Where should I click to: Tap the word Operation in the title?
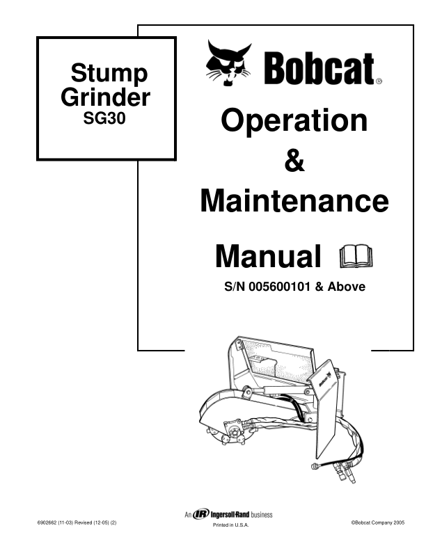click(294, 120)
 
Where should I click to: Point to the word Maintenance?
click(294, 202)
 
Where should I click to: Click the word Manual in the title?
click(268, 256)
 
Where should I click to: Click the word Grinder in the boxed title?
click(105, 97)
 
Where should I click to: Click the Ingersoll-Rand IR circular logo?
click(202, 515)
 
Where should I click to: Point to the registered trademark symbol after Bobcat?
click(379, 81)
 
